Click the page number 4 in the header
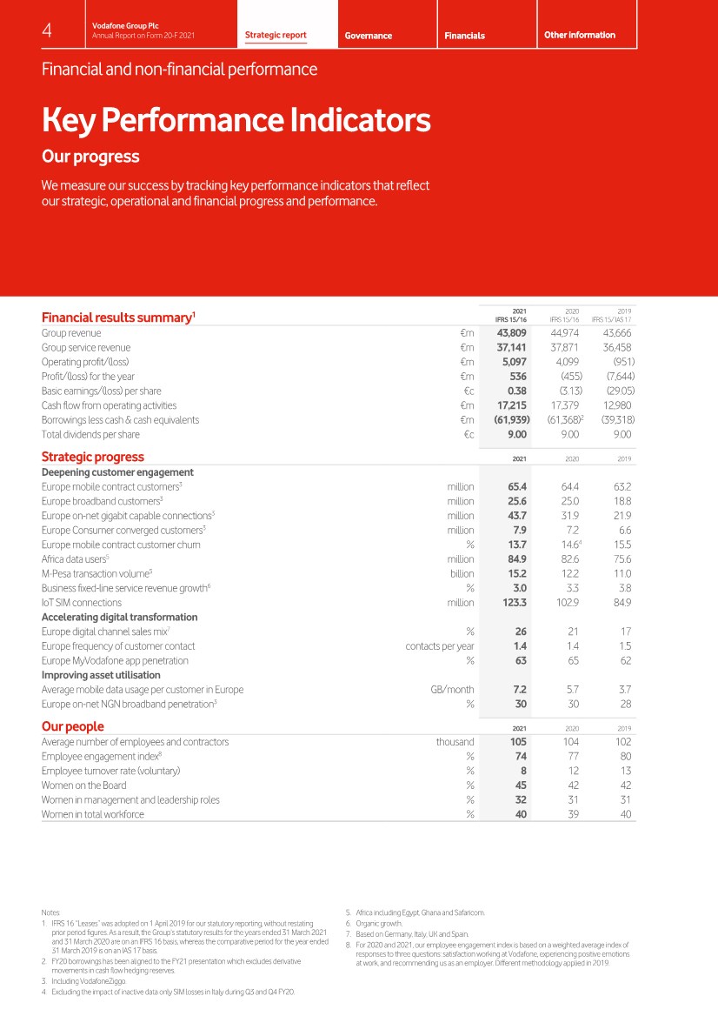tap(47, 30)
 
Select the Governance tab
tap(368, 36)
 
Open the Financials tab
tap(465, 36)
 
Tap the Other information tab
tap(579, 35)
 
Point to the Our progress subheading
tap(90, 157)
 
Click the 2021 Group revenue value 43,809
tap(512, 333)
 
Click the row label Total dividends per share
tap(90, 434)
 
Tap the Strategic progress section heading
tap(93, 457)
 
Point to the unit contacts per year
tap(440, 646)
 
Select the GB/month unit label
tap(452, 690)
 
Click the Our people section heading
tap(73, 726)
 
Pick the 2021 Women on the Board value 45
tap(518, 785)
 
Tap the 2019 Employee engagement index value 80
tap(623, 756)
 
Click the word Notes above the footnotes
tap(50, 912)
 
